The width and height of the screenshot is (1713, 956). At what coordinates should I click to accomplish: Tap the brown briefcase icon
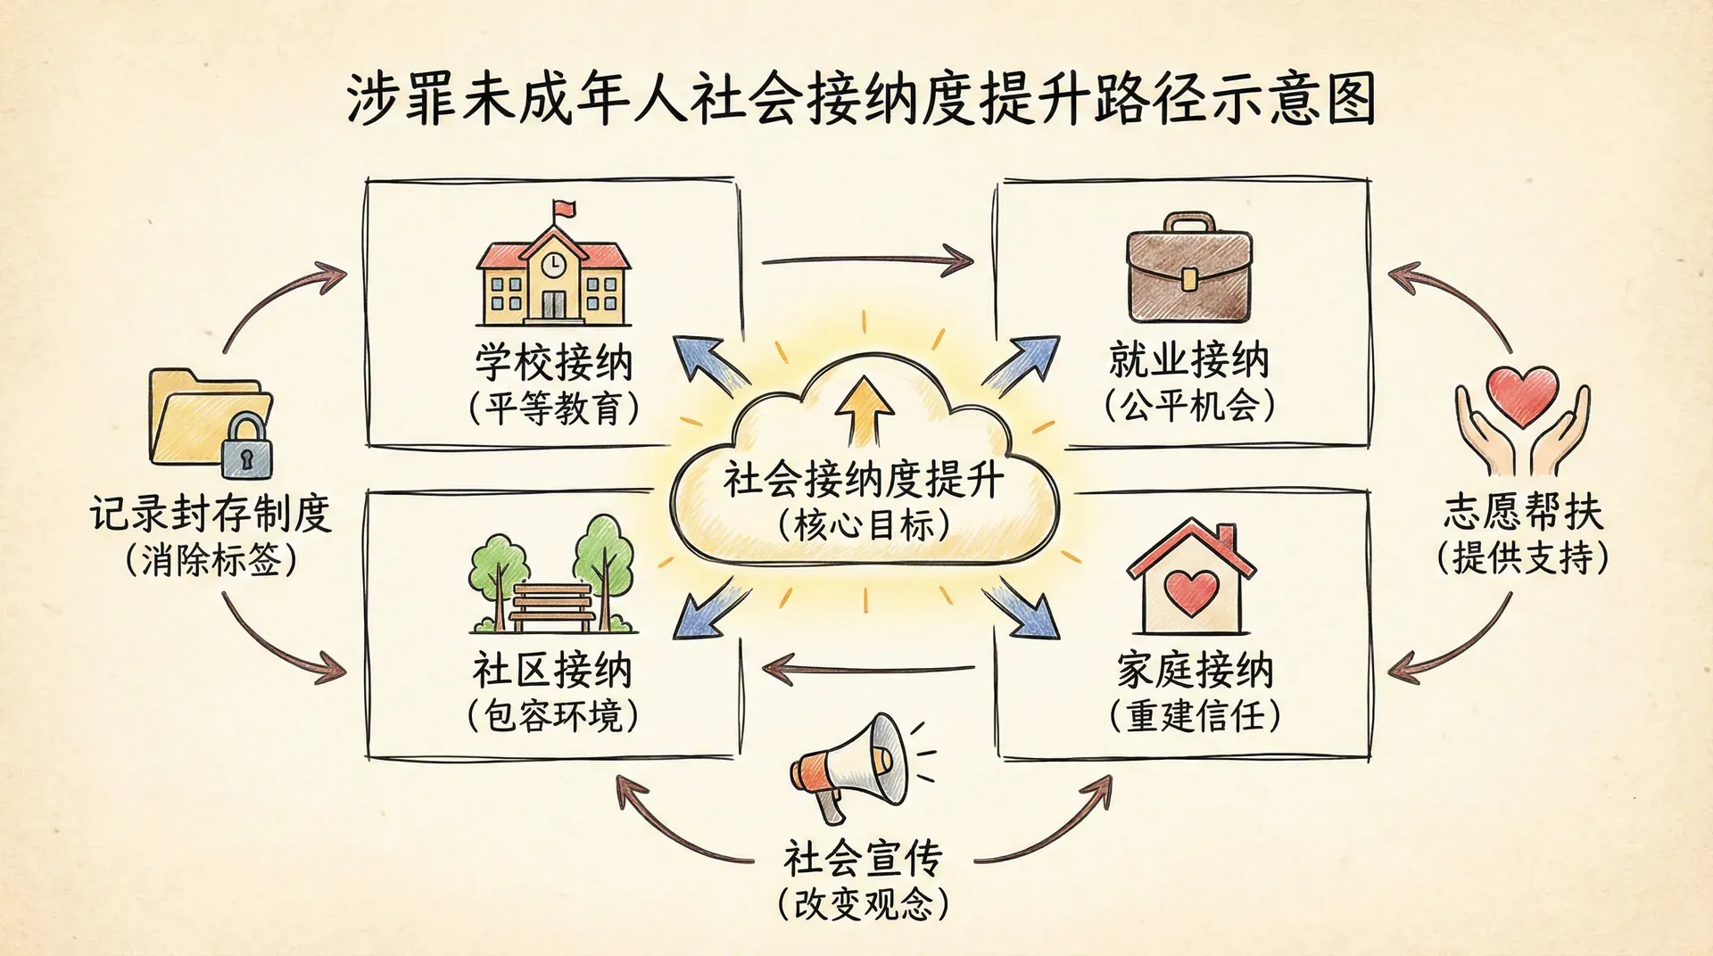coord(1189,268)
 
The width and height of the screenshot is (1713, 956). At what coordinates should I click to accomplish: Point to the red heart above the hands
coord(1522,395)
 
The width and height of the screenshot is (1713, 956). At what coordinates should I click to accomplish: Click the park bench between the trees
coord(552,606)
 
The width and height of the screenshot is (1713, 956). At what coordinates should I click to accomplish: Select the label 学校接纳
coord(553,362)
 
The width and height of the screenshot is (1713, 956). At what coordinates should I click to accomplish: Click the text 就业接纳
coord(1188,359)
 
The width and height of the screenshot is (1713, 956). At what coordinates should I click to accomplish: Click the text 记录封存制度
coord(211,514)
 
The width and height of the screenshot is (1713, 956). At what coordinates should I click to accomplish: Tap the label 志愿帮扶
coord(1523,512)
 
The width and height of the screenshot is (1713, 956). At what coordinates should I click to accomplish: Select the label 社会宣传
coord(863,858)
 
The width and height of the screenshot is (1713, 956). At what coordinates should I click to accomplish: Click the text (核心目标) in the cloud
coord(864,524)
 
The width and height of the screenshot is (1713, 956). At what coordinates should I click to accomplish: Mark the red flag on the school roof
coord(565,210)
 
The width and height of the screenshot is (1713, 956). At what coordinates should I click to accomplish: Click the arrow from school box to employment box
coord(866,260)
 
